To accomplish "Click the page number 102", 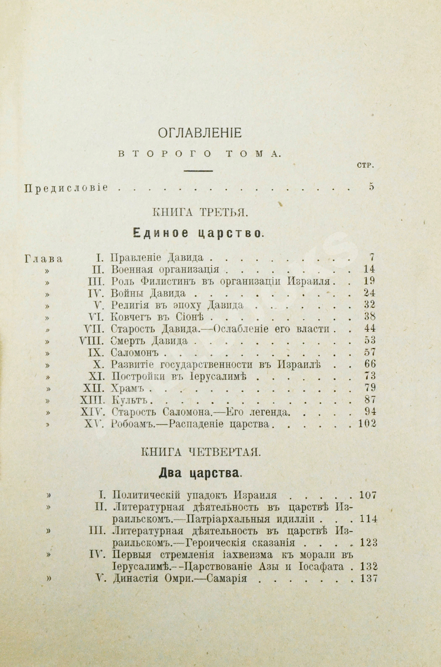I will (367, 424).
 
